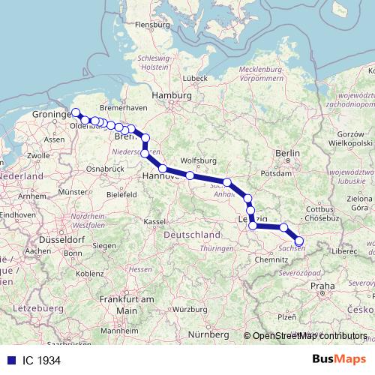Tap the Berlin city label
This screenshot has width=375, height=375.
288,154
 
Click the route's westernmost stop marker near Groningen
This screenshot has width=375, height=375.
75,112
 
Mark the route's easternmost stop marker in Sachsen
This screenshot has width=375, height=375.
299,241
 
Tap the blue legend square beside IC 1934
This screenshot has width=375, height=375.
10,361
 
